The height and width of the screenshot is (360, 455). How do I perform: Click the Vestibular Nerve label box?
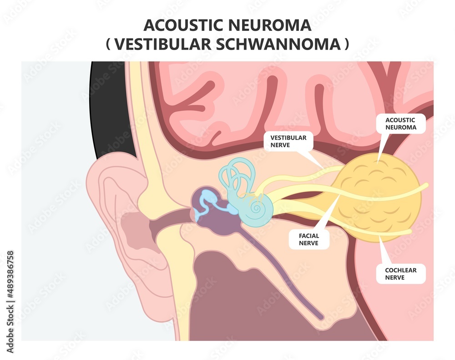pyautogui.click(x=288, y=141)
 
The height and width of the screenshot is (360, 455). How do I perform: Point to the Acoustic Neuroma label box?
pyautogui.click(x=400, y=123)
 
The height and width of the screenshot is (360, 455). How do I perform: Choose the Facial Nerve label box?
pyautogui.click(x=309, y=239)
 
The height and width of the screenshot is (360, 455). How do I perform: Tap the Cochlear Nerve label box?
pyautogui.click(x=400, y=273)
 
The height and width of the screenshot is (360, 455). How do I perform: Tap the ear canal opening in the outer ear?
pyautogui.click(x=136, y=225)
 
